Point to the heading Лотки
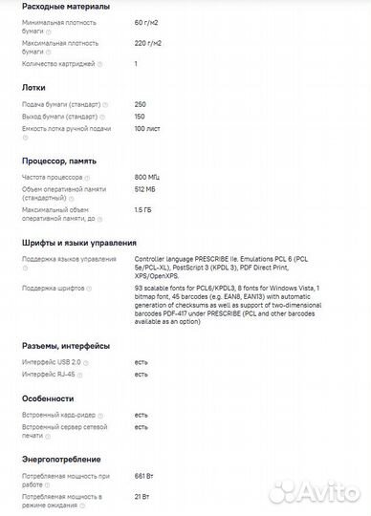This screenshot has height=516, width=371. (33, 87)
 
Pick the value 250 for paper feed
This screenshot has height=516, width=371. (141, 103)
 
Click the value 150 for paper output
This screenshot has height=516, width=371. (141, 116)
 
